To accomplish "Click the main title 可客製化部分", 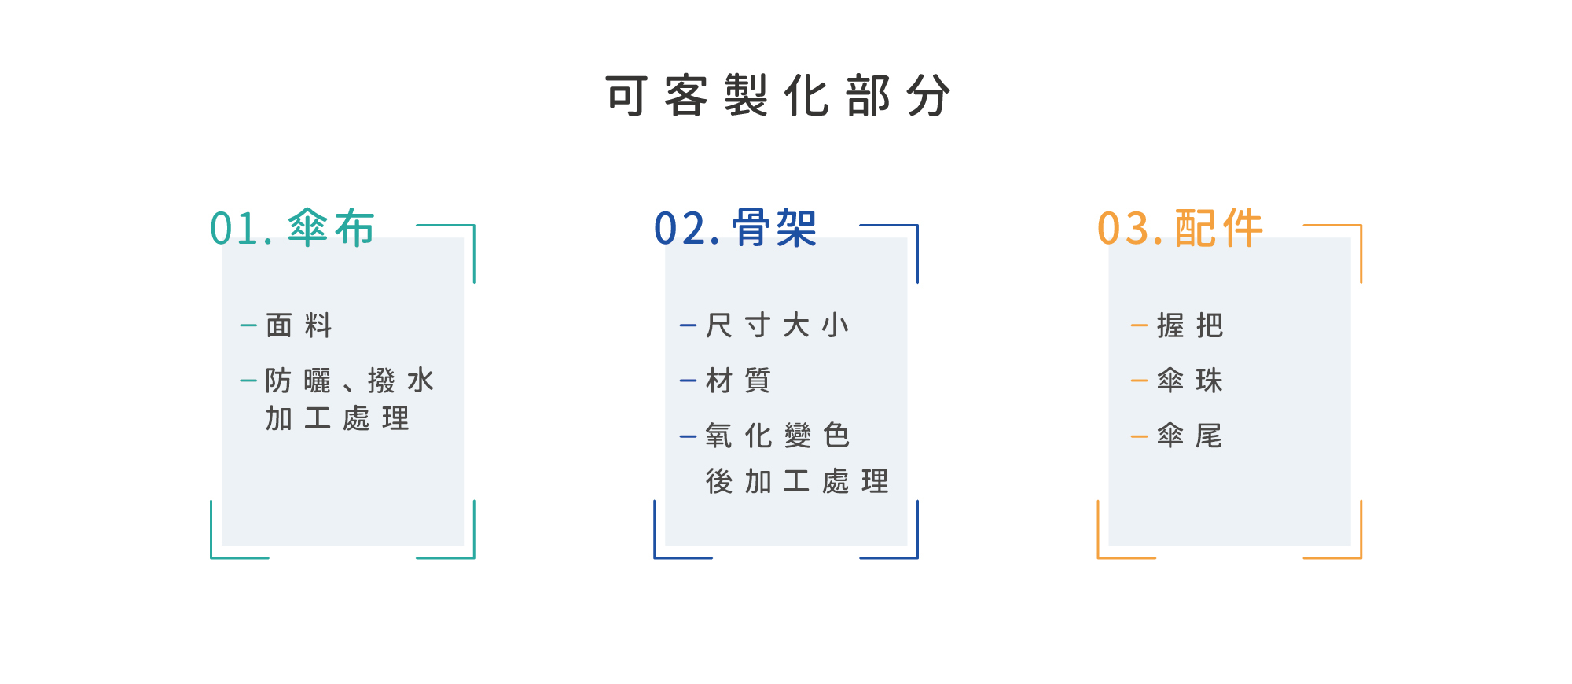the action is [778, 96].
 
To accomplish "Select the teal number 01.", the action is [241, 229].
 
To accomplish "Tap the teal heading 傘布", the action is [331, 229].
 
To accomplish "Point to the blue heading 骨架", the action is [775, 229].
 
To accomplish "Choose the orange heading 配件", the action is [1218, 229].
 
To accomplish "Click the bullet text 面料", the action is [299, 325].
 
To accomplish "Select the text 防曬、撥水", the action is [349, 381].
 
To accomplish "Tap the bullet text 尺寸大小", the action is [777, 325].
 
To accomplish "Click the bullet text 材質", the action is [738, 381].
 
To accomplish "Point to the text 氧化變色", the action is [777, 436].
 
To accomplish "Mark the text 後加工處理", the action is [797, 481].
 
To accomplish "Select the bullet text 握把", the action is [1190, 325].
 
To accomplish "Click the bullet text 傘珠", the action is [1190, 381].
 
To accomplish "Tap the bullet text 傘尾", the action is [1190, 436].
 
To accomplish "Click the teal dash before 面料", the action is [248, 325].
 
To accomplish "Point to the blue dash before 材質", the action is [688, 381].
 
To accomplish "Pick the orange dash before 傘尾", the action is [1139, 436].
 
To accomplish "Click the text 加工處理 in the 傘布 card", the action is [337, 418].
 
